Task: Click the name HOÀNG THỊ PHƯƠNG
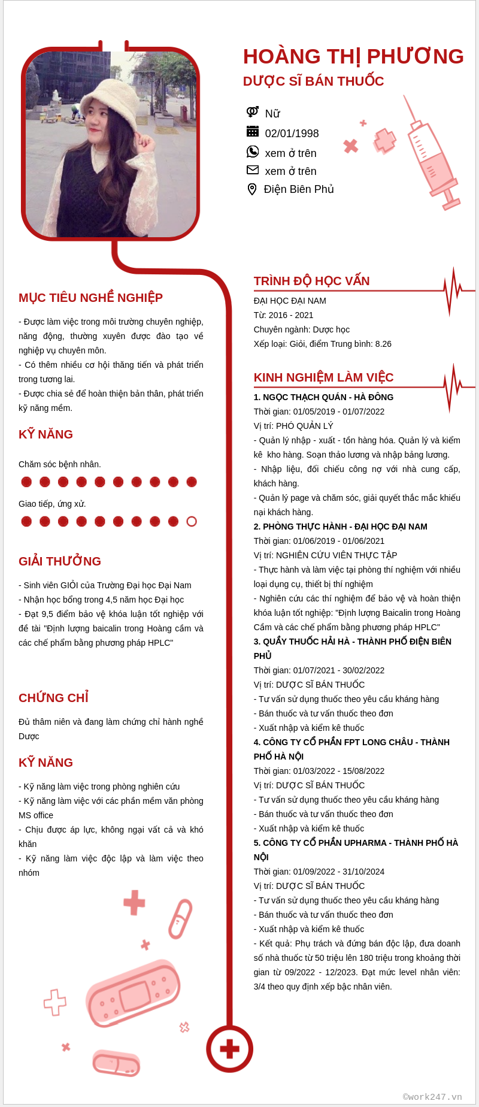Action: click(353, 56)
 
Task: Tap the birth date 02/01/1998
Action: click(292, 134)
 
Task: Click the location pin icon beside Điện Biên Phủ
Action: click(252, 189)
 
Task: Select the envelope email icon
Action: click(253, 170)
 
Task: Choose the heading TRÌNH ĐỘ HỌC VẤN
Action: click(311, 281)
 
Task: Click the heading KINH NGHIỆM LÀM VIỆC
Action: click(323, 377)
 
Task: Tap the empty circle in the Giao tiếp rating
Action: click(192, 521)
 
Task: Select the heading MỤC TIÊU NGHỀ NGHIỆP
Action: click(90, 298)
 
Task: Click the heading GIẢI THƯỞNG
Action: click(60, 561)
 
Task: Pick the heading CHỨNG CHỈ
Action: click(53, 698)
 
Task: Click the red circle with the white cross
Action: click(229, 1049)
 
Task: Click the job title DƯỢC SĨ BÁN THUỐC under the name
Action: click(313, 81)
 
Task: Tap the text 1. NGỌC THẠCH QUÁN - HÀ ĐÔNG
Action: click(323, 397)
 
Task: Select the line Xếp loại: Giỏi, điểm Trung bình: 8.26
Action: click(322, 344)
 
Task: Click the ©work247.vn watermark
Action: click(432, 1097)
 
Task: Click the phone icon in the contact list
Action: click(253, 152)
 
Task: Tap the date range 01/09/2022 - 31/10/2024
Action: click(339, 872)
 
